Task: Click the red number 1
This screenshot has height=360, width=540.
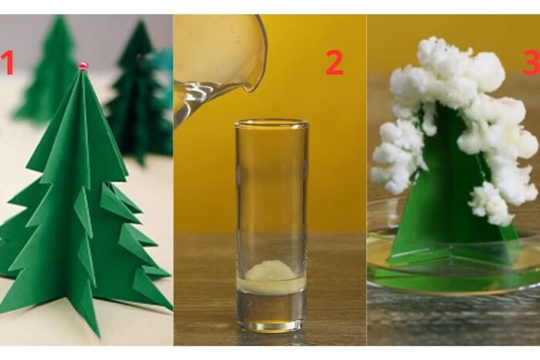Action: coord(8,62)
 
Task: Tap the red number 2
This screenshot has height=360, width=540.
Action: coord(334,62)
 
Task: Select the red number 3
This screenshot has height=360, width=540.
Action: coord(532,62)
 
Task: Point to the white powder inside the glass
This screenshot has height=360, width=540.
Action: coord(271,270)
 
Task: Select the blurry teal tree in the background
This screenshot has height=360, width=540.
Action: coord(159,69)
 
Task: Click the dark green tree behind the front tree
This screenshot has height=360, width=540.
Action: coord(140,96)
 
